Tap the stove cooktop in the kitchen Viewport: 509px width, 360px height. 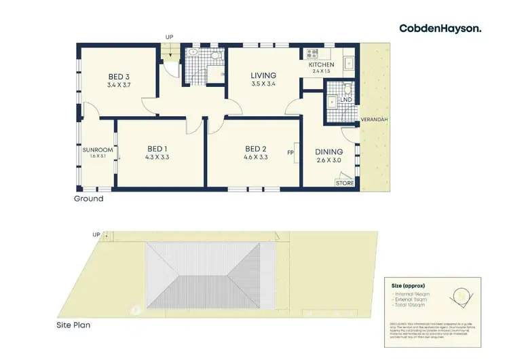(314, 52)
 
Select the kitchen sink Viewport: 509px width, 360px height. (350, 61)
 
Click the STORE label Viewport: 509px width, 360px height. (345, 183)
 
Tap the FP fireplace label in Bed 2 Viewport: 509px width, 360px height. (290, 153)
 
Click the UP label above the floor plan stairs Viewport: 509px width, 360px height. (170, 37)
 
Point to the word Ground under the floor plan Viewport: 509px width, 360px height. (89, 199)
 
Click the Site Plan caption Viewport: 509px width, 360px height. (73, 325)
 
